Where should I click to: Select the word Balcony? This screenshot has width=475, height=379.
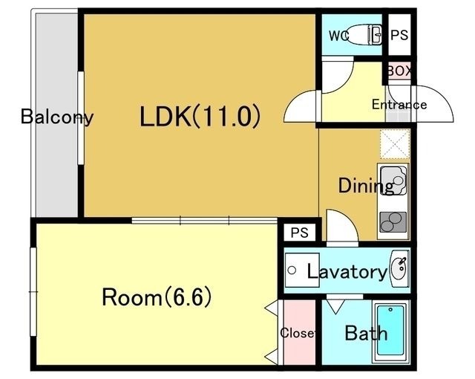pyautogui.click(x=57, y=117)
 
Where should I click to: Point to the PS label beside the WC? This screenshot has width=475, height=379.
pyautogui.click(x=399, y=35)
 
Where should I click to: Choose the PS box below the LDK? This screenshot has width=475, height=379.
pyautogui.click(x=300, y=233)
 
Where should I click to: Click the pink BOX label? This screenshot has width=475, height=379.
pyautogui.click(x=399, y=71)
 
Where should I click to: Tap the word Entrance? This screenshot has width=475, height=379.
pyautogui.click(x=399, y=105)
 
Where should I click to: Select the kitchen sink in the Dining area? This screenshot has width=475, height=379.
pyautogui.click(x=393, y=181)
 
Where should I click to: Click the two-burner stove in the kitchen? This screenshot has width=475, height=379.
pyautogui.click(x=393, y=222)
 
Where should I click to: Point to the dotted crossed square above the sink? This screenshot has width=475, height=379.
pyautogui.click(x=395, y=143)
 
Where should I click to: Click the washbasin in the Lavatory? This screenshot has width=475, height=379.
pyautogui.click(x=399, y=268)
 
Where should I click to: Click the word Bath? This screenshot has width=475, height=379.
pyautogui.click(x=366, y=333)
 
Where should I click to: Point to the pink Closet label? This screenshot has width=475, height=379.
pyautogui.click(x=298, y=333)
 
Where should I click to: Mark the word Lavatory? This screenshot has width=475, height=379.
pyautogui.click(x=347, y=271)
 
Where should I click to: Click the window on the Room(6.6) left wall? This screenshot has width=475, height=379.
pyautogui.click(x=33, y=291)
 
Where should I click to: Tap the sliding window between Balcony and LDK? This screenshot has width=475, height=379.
pyautogui.click(x=81, y=118)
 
